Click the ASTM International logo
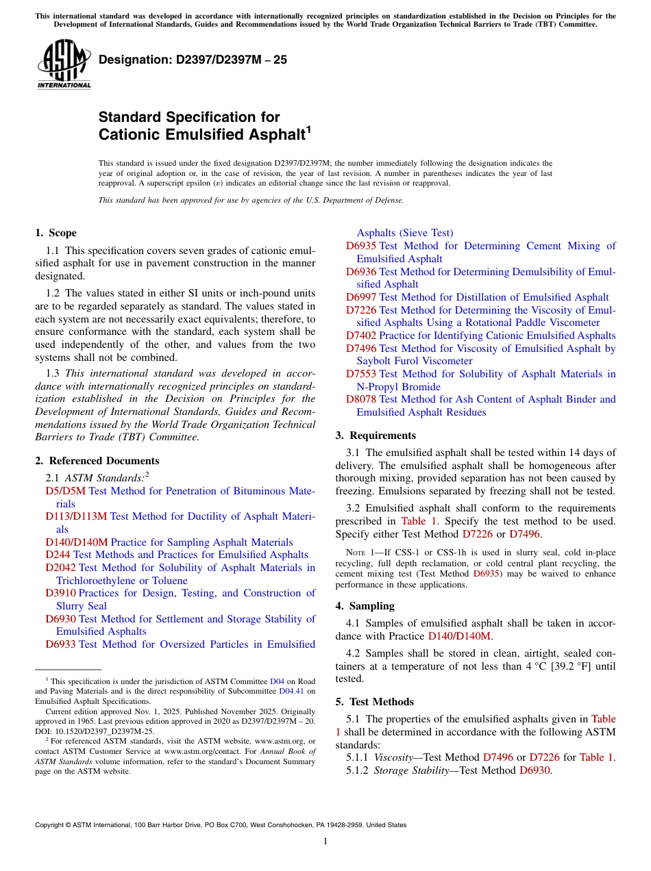[64, 64]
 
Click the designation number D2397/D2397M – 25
[193, 60]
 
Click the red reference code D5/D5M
[66, 491]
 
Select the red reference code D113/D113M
[76, 516]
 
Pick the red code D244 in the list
[58, 555]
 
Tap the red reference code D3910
[61, 593]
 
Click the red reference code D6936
[361, 272]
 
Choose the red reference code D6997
[361, 297]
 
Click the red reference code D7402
[361, 336]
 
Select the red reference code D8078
[361, 399]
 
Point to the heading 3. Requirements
[376, 435]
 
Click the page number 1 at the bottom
[325, 842]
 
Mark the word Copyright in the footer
[52, 825]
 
